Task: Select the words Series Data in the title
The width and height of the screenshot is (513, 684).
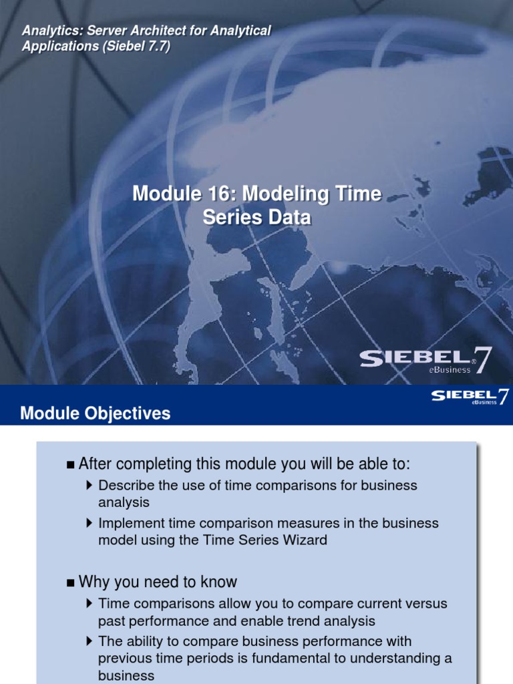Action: click(256, 218)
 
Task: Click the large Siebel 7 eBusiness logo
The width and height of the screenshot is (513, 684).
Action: click(425, 361)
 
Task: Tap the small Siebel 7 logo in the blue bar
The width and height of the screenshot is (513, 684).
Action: click(470, 397)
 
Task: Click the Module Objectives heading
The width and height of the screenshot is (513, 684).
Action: click(95, 414)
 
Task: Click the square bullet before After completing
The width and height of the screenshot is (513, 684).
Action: click(71, 465)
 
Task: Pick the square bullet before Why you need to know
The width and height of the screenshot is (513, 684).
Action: click(71, 582)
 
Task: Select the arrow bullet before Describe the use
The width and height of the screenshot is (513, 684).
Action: click(90, 485)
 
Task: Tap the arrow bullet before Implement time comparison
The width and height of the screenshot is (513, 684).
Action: click(90, 523)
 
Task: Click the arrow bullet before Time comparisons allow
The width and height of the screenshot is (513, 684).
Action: click(90, 604)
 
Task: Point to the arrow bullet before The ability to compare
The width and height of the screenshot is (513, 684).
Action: click(90, 641)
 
